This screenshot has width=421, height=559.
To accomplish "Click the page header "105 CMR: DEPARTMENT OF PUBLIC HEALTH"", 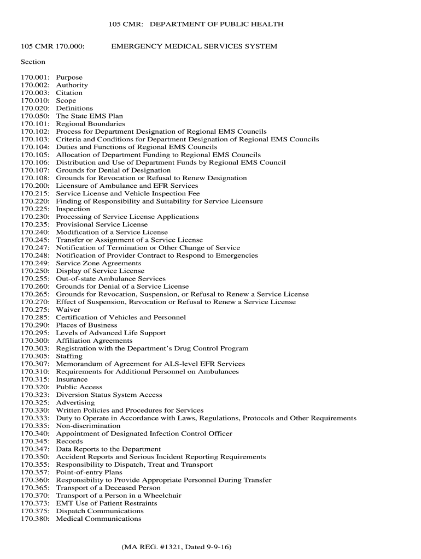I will [196, 25].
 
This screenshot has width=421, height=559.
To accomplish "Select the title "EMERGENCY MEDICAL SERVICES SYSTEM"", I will [194, 46].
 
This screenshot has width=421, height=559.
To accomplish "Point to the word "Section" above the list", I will [33, 62].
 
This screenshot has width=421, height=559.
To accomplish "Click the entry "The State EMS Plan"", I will [89, 116].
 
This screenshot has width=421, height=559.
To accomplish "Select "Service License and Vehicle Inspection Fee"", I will [128, 194].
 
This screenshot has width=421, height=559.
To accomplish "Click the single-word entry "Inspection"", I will [73, 209].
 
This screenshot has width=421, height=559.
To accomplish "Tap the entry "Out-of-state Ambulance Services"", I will [110, 279].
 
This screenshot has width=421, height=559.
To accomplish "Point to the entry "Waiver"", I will [68, 310].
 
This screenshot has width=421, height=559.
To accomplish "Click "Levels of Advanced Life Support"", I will [111, 333].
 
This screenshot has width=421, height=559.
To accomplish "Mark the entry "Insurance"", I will [72, 379].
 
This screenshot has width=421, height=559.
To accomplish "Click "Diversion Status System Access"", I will [109, 395].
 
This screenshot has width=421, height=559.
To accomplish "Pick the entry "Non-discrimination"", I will [88, 426].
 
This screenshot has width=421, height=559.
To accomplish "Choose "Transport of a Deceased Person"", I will [108, 488].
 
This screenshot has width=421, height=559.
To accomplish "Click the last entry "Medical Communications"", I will [98, 519].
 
